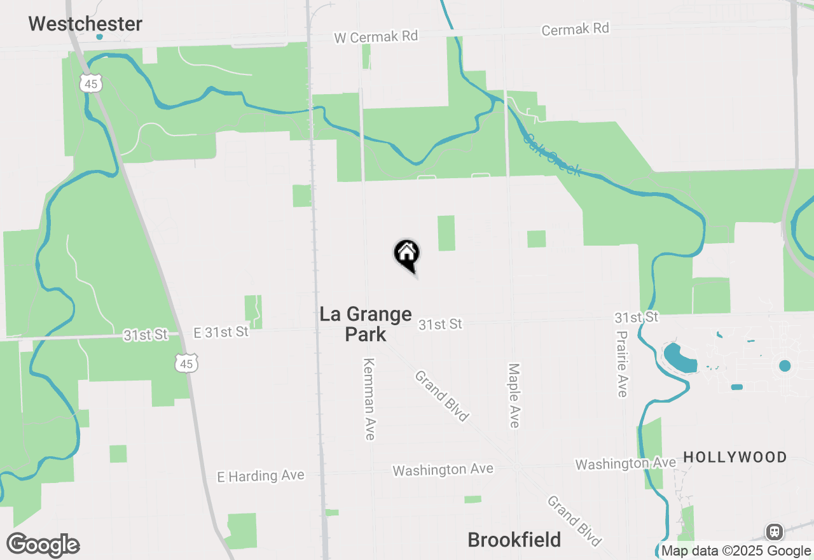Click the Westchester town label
85,24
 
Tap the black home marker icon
407,255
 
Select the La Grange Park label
366,323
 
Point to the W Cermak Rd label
376,36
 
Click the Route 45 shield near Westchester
91,83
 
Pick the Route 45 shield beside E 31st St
187,363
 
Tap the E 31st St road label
221,332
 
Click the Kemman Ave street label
369,399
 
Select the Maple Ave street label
514,395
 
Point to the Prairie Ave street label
622,363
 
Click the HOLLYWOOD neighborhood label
735,457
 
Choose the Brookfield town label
514,540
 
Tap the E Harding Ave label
261,476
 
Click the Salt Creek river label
551,155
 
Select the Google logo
43,545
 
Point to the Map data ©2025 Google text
736,551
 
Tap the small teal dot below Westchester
99,37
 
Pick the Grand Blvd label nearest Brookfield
574,521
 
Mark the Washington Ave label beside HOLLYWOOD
625,464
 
